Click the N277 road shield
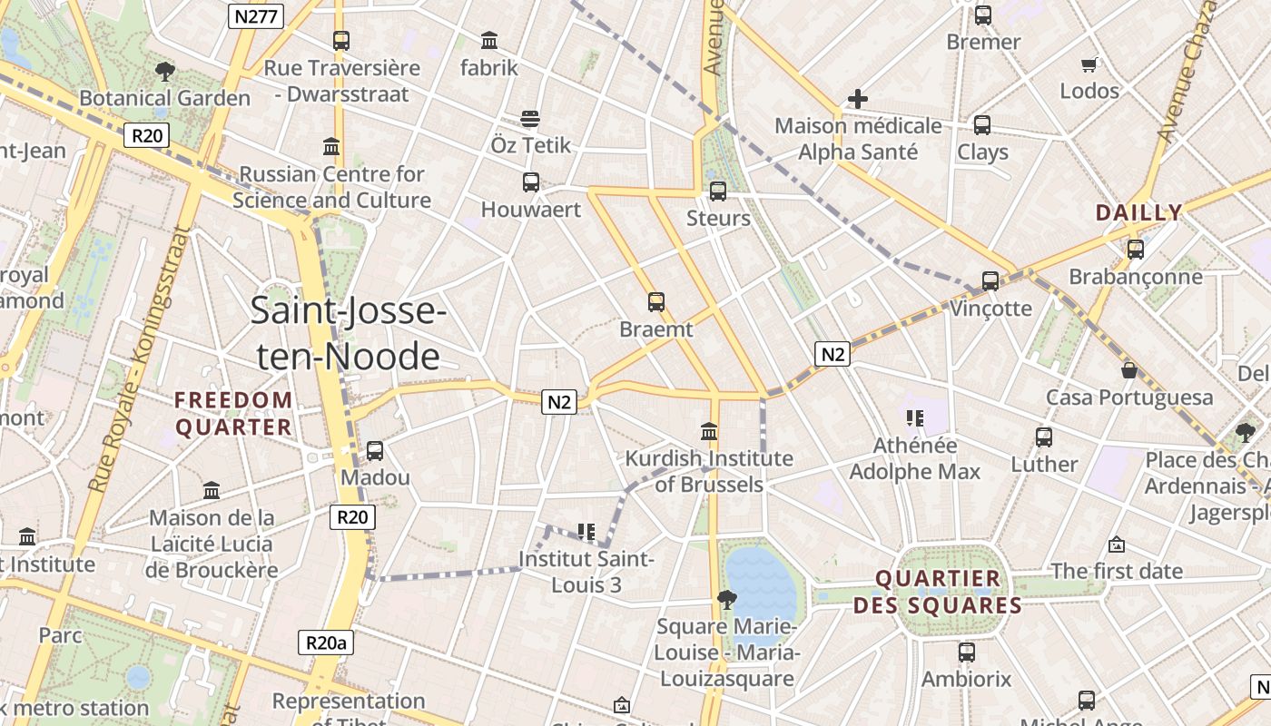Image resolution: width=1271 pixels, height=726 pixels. click(x=255, y=15)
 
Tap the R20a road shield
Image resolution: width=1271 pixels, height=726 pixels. click(x=325, y=643)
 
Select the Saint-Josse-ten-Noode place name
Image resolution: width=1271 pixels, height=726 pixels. click(x=348, y=334)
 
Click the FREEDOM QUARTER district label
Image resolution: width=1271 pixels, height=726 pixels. click(x=233, y=414)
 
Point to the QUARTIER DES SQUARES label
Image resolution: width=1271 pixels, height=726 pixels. click(x=938, y=592)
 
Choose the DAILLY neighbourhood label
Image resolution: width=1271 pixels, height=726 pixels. click(x=1138, y=213)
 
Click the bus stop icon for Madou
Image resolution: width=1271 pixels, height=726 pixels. click(x=374, y=450)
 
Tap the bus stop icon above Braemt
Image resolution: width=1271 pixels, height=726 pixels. click(x=656, y=302)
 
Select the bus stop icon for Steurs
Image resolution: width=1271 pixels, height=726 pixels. click(x=718, y=191)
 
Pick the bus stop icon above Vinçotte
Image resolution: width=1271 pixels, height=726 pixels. click(x=990, y=281)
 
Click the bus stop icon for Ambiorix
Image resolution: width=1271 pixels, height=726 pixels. click(x=967, y=652)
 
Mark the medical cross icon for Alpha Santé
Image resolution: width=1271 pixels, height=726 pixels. click(x=858, y=98)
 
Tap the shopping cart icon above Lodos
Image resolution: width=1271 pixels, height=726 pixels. click(x=1089, y=64)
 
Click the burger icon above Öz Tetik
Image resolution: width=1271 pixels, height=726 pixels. click(x=531, y=119)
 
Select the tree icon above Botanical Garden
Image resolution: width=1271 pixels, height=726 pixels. click(x=164, y=71)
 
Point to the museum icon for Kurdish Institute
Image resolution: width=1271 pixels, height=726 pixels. click(x=710, y=431)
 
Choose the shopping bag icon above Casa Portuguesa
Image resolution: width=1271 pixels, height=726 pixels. click(x=1129, y=370)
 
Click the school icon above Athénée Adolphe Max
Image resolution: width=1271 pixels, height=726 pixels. click(x=915, y=417)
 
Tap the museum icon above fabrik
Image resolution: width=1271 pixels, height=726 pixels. click(x=489, y=40)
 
